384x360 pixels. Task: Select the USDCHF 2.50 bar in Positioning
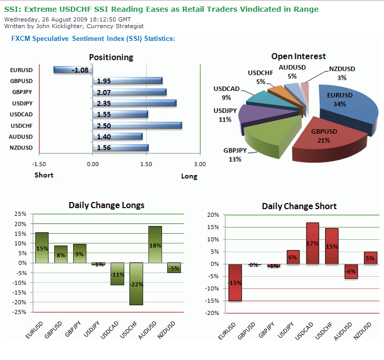(137, 125)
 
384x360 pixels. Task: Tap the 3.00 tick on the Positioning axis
(200, 164)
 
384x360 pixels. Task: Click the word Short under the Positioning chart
(44, 175)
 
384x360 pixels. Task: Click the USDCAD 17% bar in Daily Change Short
(313, 243)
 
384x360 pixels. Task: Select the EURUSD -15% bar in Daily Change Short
(235, 282)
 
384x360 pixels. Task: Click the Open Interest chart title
(298, 56)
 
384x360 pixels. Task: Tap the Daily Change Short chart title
(299, 206)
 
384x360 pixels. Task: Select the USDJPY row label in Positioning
(21, 103)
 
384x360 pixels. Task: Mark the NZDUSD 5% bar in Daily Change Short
(371, 258)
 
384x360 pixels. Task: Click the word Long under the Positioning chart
(189, 176)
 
